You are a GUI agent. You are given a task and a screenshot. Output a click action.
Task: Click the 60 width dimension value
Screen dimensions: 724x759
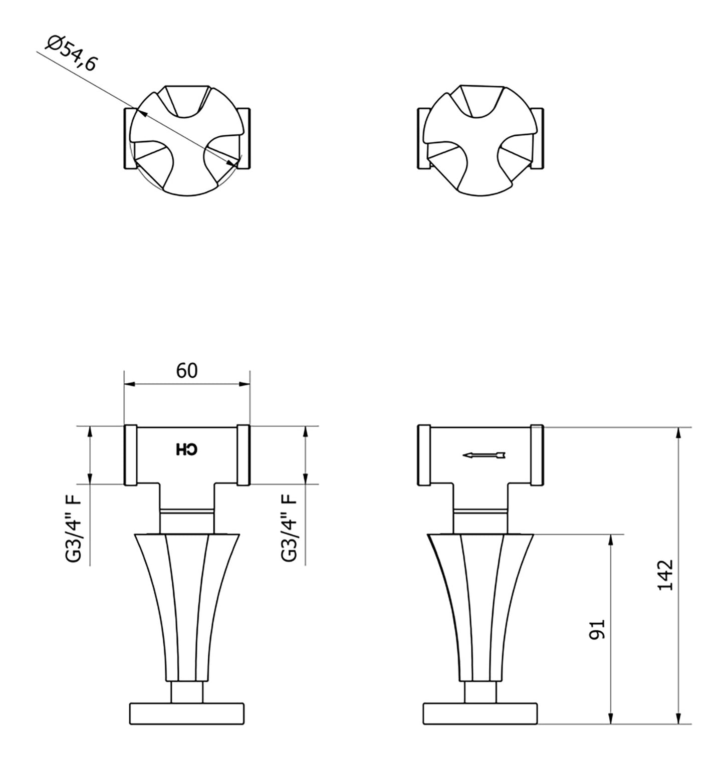point(187,370)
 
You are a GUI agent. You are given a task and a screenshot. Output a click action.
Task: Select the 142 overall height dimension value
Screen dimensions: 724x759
point(665,575)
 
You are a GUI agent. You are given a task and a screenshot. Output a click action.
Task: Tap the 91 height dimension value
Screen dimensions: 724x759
point(598,629)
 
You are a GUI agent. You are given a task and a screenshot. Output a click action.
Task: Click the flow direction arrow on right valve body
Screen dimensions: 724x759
point(484,455)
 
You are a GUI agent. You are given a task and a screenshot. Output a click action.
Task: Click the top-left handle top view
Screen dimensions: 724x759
point(187,140)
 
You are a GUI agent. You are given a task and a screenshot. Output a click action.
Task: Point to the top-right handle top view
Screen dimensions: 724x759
point(480,140)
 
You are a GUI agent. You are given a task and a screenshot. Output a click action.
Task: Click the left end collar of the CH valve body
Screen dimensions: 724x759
point(130,455)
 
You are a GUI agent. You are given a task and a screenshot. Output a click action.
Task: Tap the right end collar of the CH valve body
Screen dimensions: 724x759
point(243,455)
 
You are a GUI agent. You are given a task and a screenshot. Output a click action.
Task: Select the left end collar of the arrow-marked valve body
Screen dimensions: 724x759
point(424,455)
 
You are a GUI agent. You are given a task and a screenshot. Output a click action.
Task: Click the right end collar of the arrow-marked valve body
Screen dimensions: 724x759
point(537,455)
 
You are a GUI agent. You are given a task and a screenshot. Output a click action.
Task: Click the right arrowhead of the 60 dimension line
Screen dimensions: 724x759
point(244,384)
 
